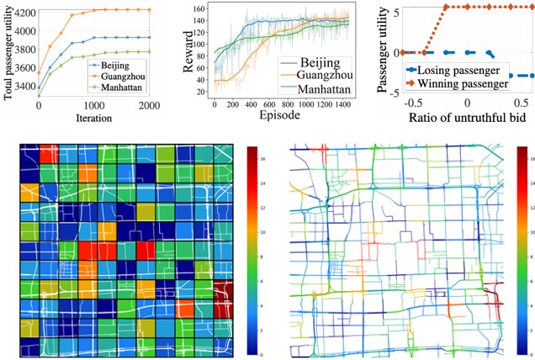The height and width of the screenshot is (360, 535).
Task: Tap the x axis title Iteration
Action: [x=94, y=120]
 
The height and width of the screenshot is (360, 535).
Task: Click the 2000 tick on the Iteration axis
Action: [x=150, y=106]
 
